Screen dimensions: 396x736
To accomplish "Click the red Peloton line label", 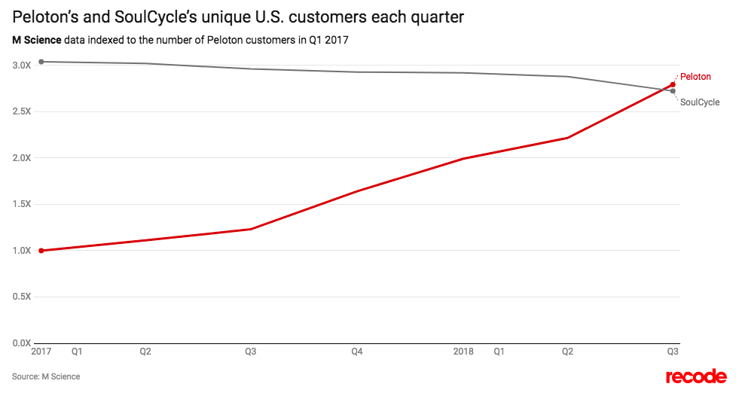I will tap(695, 77).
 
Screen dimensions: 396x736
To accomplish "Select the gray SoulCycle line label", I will tap(699, 102).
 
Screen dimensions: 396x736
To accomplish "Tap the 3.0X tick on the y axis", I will tap(21, 65).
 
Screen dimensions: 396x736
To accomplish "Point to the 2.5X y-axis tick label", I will tap(21, 111).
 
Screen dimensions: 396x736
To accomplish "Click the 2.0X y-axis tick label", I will tap(21, 158).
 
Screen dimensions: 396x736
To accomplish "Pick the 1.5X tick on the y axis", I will tap(21, 204).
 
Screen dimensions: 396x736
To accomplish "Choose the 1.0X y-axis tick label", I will tap(21, 251).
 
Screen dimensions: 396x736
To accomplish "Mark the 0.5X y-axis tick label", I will tap(21, 297).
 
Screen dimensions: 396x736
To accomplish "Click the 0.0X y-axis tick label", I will tap(21, 343).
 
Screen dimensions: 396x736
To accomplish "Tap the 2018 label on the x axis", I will tap(463, 351).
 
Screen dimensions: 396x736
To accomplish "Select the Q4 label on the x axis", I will tap(357, 351).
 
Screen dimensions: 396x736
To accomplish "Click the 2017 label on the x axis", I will tap(41, 351).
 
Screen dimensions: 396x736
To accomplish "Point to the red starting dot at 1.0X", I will tap(41, 251).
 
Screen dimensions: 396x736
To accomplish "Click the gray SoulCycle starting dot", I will tap(41, 62).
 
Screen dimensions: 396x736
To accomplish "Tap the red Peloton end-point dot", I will tap(673, 84).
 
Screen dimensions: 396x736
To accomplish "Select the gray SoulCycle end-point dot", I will tap(673, 91).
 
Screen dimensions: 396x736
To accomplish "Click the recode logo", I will tap(696, 376).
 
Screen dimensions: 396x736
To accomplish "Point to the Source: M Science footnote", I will tap(45, 376).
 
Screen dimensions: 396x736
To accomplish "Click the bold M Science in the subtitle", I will tap(36, 39).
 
